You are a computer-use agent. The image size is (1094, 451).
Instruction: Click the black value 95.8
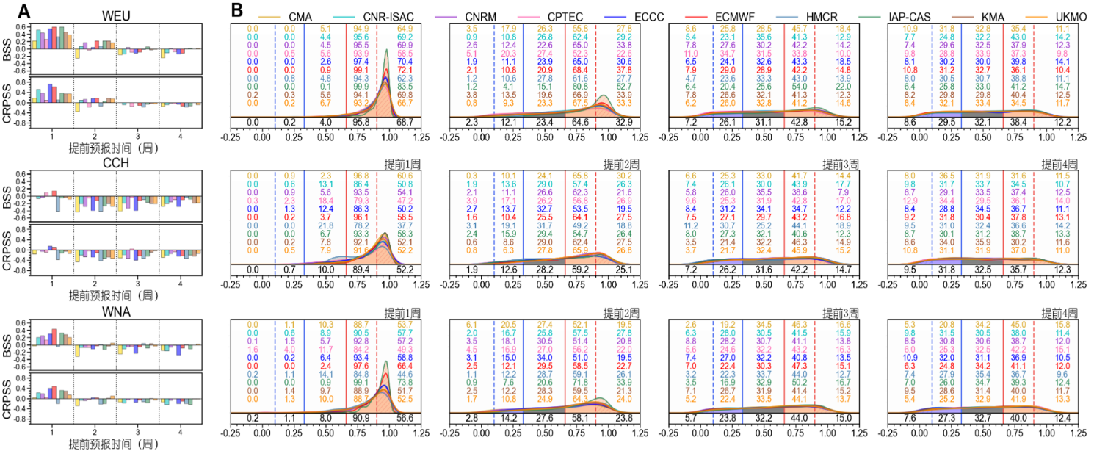361,120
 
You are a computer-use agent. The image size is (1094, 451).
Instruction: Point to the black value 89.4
361,270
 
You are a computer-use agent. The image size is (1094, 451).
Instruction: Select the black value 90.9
361,418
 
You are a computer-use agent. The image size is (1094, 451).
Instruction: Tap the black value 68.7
405,120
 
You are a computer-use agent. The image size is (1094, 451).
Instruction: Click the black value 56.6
405,418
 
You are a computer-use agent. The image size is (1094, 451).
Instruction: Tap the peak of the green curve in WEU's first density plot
388,50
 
